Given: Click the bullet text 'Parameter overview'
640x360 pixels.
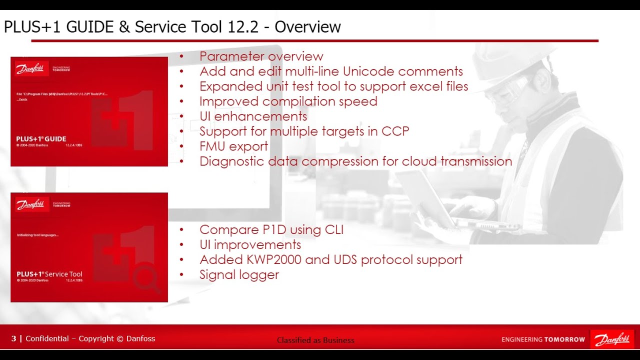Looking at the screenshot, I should coord(261,56).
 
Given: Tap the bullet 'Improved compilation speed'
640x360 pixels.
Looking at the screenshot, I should coord(288,101).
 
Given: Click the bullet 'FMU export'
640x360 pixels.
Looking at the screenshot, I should coord(233,146).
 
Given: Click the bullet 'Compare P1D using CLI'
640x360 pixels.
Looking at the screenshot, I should coord(271,230).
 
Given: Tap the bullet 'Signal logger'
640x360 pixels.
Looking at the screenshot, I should coord(239,275).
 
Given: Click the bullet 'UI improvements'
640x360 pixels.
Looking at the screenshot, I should coord(250,245).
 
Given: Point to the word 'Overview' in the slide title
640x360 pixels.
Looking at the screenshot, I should coord(307,26).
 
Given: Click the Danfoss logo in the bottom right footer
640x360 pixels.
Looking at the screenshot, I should coord(612,339).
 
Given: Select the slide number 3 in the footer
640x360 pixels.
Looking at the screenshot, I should coord(14,339).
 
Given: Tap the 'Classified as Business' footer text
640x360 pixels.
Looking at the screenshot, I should coord(315,340).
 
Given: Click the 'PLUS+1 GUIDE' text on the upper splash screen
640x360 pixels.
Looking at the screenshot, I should coord(41,139).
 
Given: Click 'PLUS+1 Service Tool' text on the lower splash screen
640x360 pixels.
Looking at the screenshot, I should coord(49,274).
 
